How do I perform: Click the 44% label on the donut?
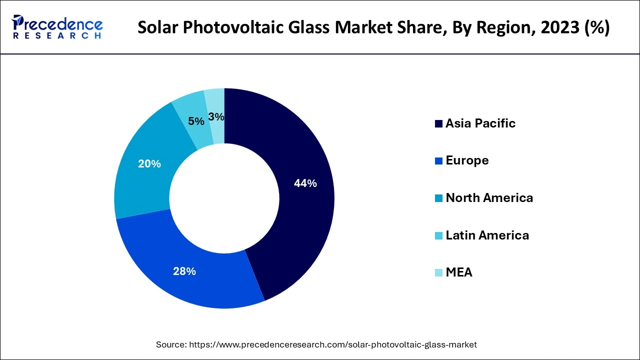coord(305,183)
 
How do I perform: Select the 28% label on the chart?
coord(184,271)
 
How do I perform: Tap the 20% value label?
coord(149,163)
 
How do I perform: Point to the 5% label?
coord(196,121)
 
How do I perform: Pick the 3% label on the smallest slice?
coord(216,116)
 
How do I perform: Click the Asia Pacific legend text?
coord(480,123)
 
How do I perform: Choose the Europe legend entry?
coord(467,160)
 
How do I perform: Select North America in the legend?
coord(489,198)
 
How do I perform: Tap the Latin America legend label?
coord(487,235)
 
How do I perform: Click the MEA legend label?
coord(459,272)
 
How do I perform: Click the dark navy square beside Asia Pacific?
coord(438,124)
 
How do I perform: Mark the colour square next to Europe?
coord(438,161)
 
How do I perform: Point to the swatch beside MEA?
coord(438,273)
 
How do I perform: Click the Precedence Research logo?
coord(57,27)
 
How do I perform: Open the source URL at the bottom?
coord(333,344)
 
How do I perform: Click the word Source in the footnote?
coord(171,344)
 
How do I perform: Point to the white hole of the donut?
coord(224,198)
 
